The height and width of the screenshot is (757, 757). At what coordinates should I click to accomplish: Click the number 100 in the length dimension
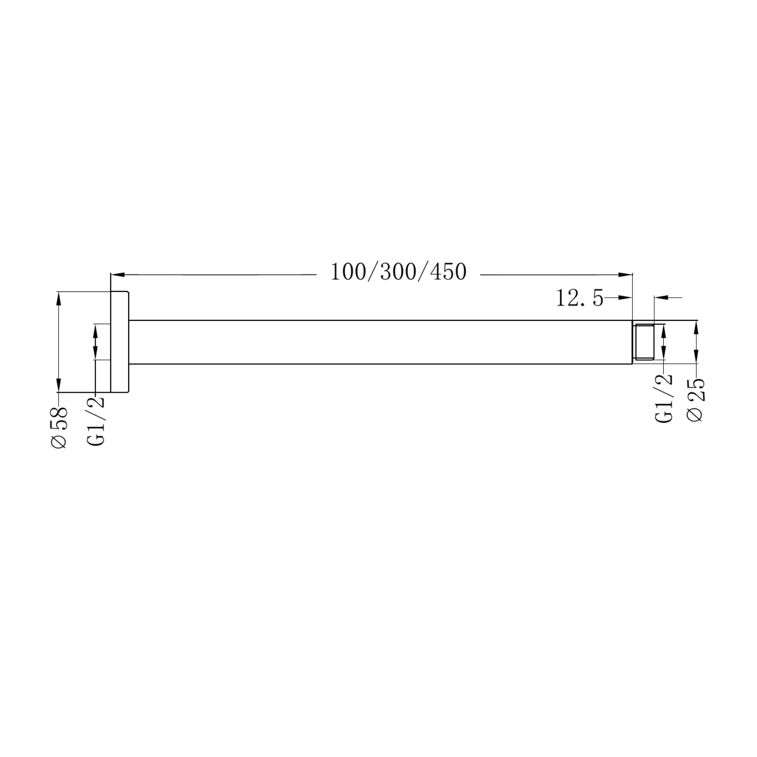346,273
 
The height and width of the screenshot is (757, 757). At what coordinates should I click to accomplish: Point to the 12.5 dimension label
579,299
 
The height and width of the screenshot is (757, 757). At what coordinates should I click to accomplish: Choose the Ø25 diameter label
695,400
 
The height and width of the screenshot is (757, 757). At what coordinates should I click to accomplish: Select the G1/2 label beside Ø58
96,421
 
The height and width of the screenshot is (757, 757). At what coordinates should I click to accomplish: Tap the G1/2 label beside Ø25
663,398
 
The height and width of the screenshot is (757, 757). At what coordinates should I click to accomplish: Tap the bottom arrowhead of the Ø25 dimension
696,358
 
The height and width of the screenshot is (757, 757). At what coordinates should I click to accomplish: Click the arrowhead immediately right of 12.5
626,298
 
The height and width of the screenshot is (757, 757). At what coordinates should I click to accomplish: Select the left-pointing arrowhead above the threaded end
660,298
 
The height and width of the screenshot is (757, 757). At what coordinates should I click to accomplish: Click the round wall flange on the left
120,342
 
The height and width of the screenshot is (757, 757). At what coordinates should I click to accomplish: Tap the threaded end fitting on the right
643,342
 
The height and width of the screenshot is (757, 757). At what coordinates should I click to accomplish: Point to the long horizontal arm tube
378,342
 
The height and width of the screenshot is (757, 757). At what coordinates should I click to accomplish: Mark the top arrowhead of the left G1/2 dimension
96,330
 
